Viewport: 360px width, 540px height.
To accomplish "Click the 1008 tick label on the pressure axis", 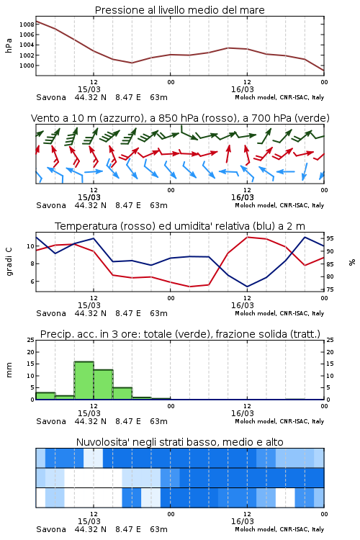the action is pos(27,24).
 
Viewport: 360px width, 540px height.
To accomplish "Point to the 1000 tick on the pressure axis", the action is pos(27,66).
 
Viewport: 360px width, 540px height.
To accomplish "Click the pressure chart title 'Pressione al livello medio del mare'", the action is pos(180,10).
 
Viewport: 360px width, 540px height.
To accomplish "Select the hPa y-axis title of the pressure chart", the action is pos(9,46).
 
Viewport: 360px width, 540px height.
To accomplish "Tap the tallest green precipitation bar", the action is pos(84,381).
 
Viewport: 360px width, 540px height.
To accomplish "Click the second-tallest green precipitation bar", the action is pos(104,384).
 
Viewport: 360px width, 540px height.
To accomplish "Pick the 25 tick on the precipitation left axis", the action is pos(31,340).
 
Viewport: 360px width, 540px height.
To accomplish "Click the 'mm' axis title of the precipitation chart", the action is pos(9,370).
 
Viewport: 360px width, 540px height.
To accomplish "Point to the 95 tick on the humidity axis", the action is pos(330,238).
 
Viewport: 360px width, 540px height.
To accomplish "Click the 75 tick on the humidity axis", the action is pos(330,289).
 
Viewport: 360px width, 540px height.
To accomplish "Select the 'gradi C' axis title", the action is pos(9,262).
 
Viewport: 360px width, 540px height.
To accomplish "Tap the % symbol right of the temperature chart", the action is pos(352,262).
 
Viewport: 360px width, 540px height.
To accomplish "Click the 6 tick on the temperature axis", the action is pos(32,282).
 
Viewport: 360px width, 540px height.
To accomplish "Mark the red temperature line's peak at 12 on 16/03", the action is pos(248,237).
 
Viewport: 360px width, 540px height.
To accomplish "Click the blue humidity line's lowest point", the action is pos(248,287).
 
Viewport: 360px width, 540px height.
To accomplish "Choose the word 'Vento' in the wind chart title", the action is pos(43,119).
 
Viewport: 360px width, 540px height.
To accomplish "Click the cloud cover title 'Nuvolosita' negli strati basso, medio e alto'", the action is pos(180,442).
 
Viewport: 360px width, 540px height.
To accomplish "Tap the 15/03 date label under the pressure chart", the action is pos(89,89).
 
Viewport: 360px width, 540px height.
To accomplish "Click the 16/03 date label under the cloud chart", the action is pos(242,521).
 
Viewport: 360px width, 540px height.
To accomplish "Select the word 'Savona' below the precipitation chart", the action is pos(51,421).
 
